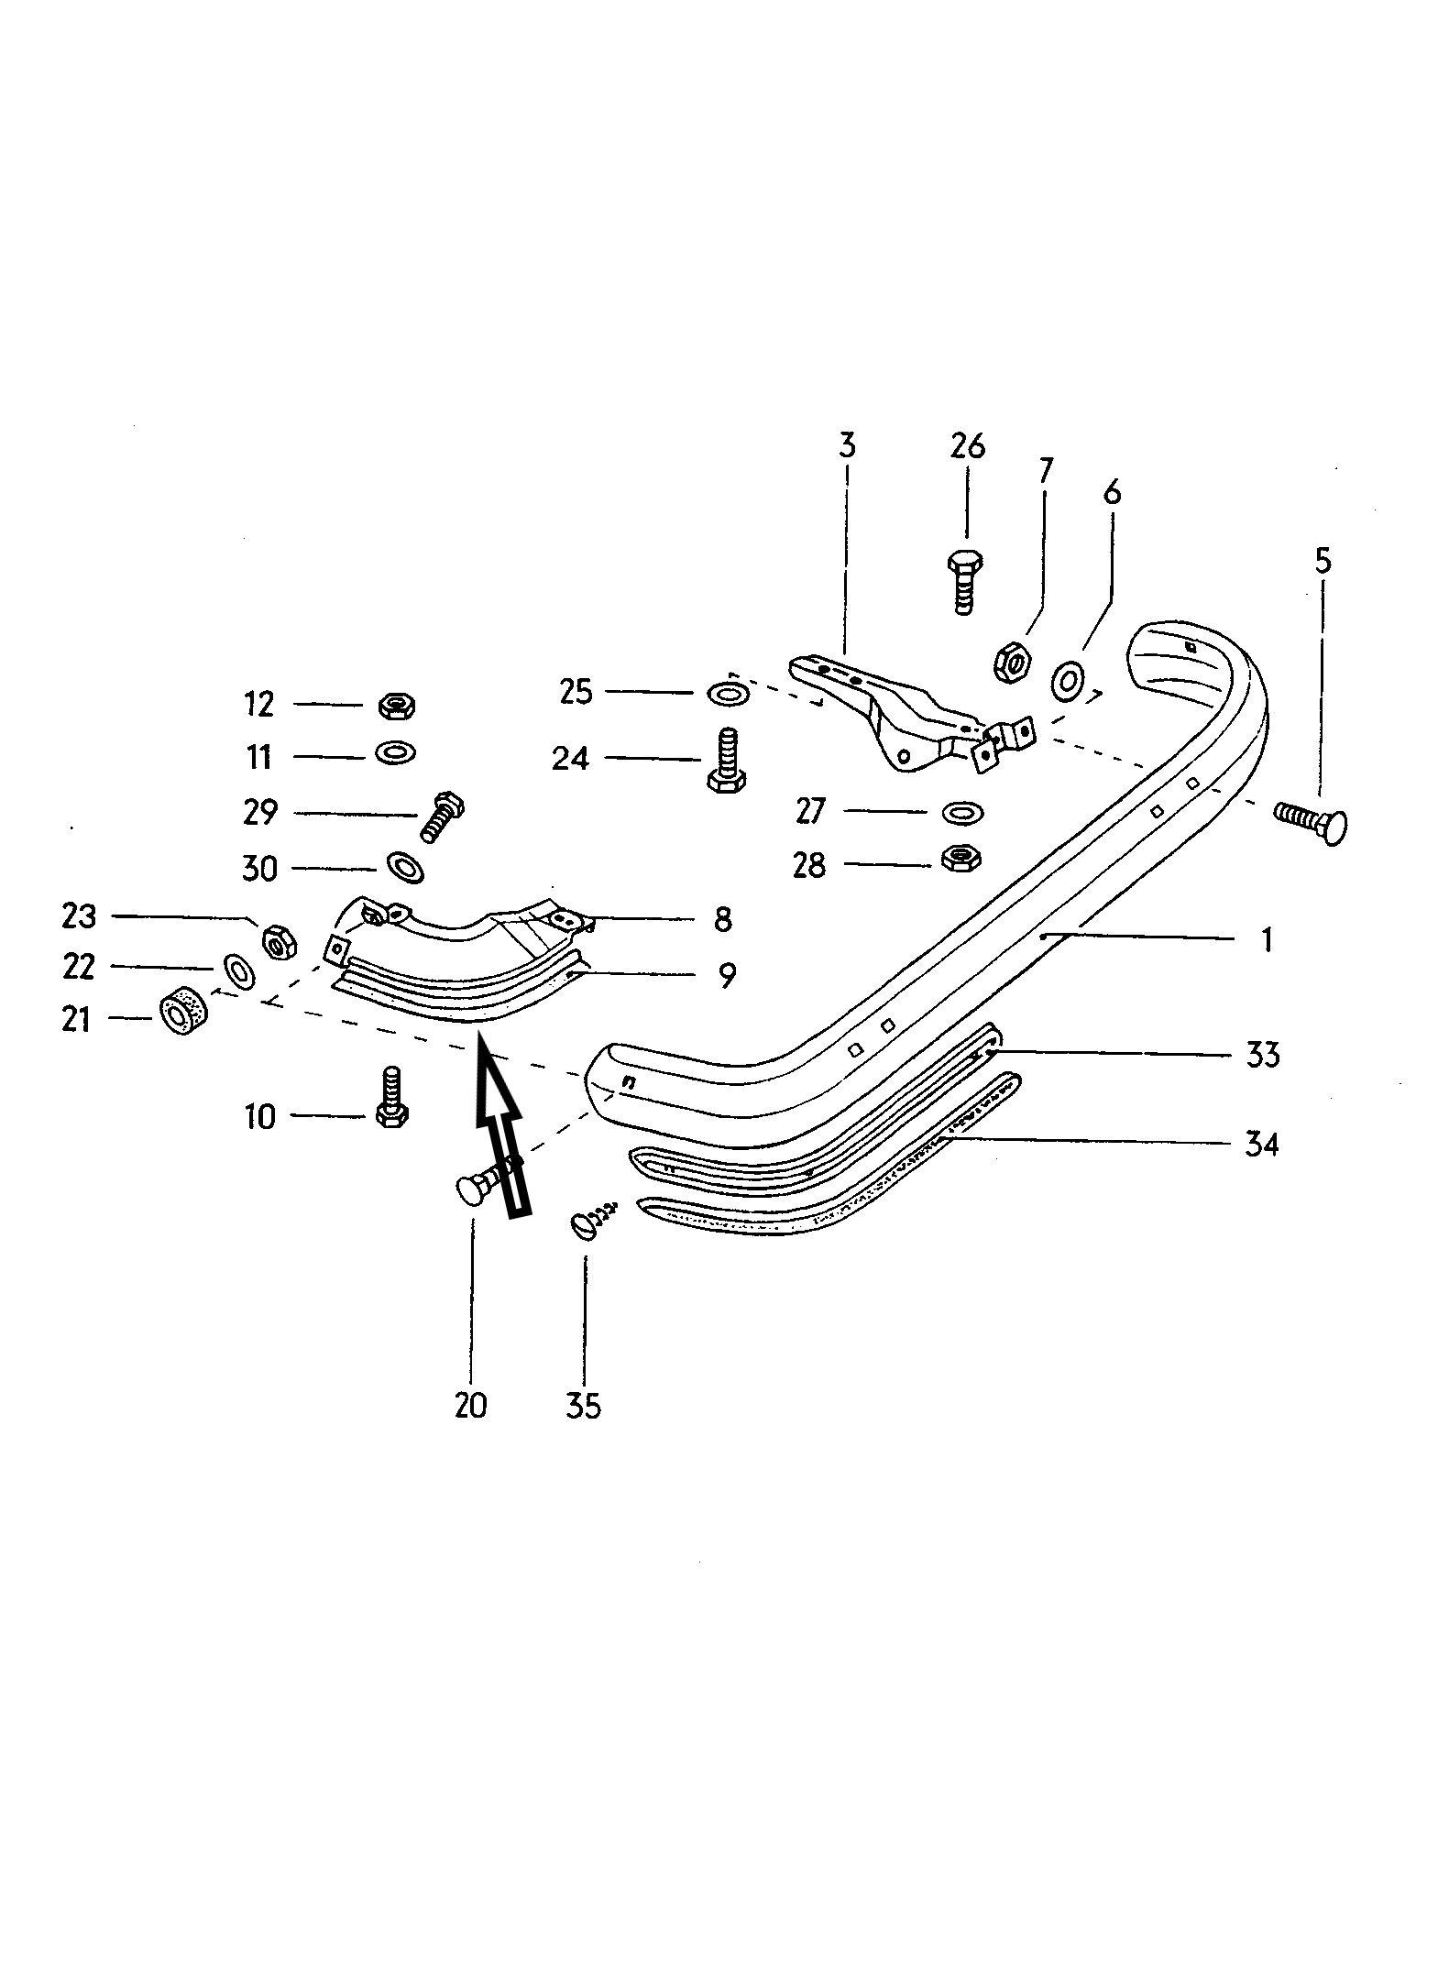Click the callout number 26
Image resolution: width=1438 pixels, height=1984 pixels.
click(967, 447)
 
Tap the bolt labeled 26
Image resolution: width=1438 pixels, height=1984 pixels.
click(962, 582)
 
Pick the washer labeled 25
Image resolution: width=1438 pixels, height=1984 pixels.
click(727, 693)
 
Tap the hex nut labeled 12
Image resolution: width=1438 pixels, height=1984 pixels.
click(398, 705)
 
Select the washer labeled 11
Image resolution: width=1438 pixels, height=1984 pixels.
click(396, 752)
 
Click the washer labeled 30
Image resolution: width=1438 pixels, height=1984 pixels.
click(404, 866)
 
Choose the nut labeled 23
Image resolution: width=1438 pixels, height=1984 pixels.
click(278, 940)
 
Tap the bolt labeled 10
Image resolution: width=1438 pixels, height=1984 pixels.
click(392, 1097)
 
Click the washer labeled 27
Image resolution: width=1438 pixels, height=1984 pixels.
click(960, 812)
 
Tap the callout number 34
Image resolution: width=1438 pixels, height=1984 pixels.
click(1261, 1144)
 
